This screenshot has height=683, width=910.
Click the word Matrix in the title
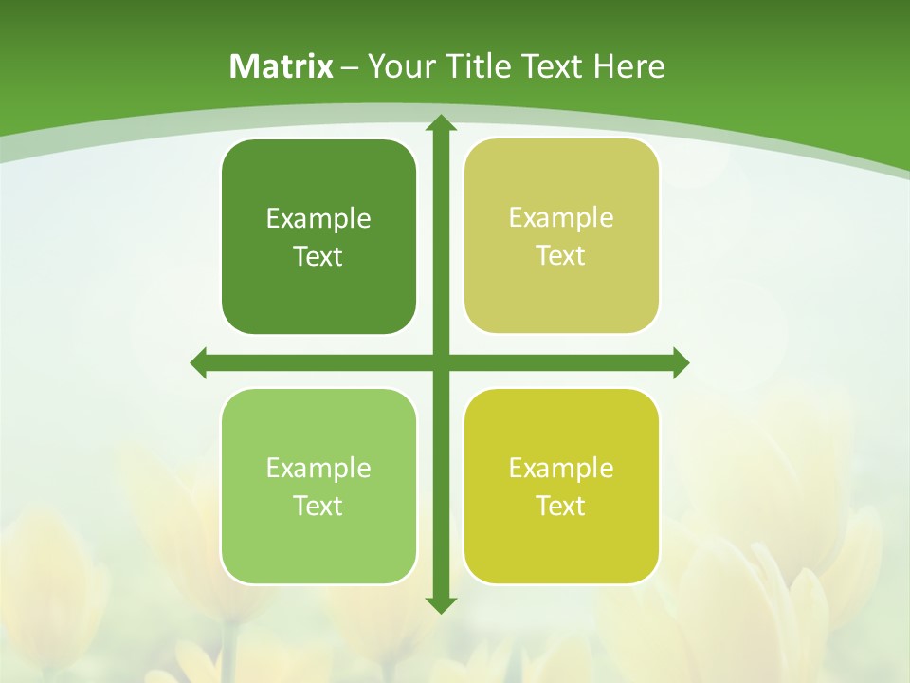click(282, 66)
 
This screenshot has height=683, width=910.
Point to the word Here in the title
click(629, 66)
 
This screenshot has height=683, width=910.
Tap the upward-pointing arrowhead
click(441, 124)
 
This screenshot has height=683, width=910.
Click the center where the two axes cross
click(441, 363)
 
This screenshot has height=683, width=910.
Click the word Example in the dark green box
click(318, 219)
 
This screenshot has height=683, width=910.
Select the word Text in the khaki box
click(560, 256)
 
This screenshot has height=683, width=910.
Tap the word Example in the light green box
click(318, 469)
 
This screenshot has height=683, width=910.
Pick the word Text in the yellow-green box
click(560, 507)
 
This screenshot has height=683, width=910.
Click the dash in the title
click(350, 67)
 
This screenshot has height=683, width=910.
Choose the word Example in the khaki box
click(561, 218)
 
